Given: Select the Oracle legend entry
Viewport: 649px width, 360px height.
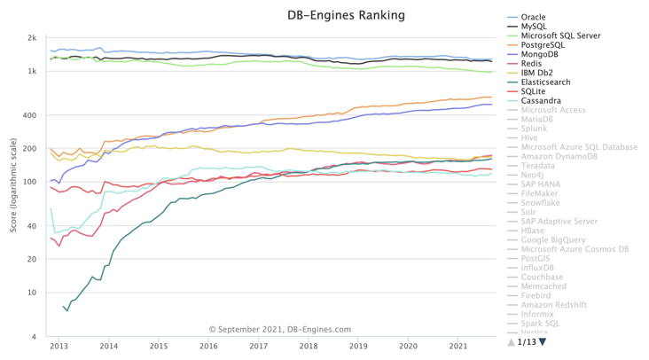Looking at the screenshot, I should pos(533,17).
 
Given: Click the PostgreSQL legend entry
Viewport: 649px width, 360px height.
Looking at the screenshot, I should pos(543,44).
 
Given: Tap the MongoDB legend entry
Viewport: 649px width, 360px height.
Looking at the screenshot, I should pos(540,54).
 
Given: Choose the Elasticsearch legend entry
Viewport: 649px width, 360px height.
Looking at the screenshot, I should pos(546,82).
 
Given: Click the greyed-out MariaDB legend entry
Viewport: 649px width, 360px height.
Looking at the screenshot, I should pos(536,119).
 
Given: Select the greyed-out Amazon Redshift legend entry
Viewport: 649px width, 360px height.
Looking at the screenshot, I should pos(554,304).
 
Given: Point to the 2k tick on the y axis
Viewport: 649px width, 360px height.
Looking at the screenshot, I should pos(32,38).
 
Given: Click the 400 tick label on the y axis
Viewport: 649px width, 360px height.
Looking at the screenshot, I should pos(30,115).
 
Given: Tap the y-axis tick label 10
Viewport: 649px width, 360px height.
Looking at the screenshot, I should pos(32,293).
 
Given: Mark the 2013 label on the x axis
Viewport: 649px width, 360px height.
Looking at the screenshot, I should pos(59,346).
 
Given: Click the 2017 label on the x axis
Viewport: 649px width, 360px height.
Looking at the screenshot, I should pos(258,346).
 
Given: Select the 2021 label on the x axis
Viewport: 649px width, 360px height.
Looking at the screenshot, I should pos(457,346).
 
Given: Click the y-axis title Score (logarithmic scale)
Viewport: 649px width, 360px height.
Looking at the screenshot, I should pos(13,186).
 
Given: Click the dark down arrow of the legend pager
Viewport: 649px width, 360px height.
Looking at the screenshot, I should pos(543,341).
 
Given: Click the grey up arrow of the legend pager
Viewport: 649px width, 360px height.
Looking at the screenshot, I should pos(511,341).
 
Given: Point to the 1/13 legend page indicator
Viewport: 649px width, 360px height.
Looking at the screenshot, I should pos(527,341).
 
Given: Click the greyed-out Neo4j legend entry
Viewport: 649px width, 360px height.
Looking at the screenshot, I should pos(532,175).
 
